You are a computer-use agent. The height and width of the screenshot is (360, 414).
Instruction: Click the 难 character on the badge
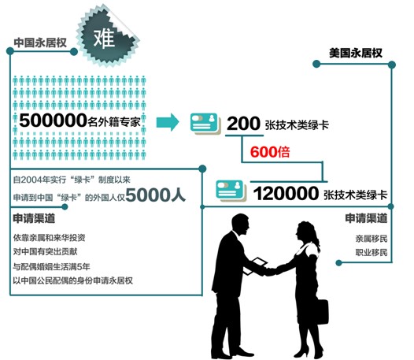(x=105, y=39)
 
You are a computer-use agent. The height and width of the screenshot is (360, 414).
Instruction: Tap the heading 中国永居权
(x=40, y=43)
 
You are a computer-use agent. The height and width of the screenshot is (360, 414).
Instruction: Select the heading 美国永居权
(x=356, y=53)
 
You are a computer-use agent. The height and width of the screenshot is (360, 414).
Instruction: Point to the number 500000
(x=53, y=121)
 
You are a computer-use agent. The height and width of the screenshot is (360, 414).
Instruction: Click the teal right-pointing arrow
(x=168, y=122)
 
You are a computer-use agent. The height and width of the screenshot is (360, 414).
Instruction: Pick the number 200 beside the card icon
(x=243, y=124)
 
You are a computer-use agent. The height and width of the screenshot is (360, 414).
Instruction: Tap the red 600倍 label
(x=270, y=152)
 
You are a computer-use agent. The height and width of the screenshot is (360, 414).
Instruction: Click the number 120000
(x=286, y=193)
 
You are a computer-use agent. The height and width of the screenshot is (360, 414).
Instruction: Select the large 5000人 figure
(x=156, y=195)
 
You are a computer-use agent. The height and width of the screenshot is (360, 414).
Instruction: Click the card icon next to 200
(x=205, y=124)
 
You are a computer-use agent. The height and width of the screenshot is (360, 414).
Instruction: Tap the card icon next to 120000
(x=231, y=191)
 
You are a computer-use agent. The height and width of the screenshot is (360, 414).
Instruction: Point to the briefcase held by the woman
(x=322, y=312)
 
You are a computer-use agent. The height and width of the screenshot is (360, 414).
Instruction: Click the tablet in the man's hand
(x=254, y=265)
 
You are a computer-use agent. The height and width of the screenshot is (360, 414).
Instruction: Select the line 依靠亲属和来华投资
(x=49, y=238)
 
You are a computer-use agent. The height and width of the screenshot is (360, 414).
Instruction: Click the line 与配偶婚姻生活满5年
(x=51, y=266)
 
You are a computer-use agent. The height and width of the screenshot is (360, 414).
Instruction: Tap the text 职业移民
(x=371, y=252)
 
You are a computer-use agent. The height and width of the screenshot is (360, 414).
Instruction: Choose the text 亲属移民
(x=371, y=239)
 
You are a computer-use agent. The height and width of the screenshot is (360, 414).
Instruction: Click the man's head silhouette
(x=240, y=225)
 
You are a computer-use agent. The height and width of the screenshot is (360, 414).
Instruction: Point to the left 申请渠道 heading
(x=34, y=218)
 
